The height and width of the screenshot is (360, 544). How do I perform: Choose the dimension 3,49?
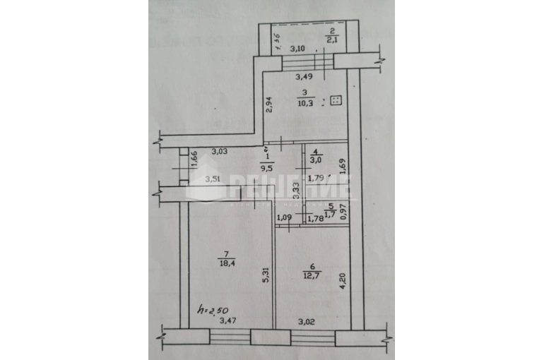(304, 76)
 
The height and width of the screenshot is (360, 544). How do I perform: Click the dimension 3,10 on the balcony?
(297, 49)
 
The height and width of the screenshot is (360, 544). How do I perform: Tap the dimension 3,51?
(214, 179)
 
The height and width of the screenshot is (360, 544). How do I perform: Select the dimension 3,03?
(219, 151)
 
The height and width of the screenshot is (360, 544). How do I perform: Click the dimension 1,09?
(284, 217)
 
